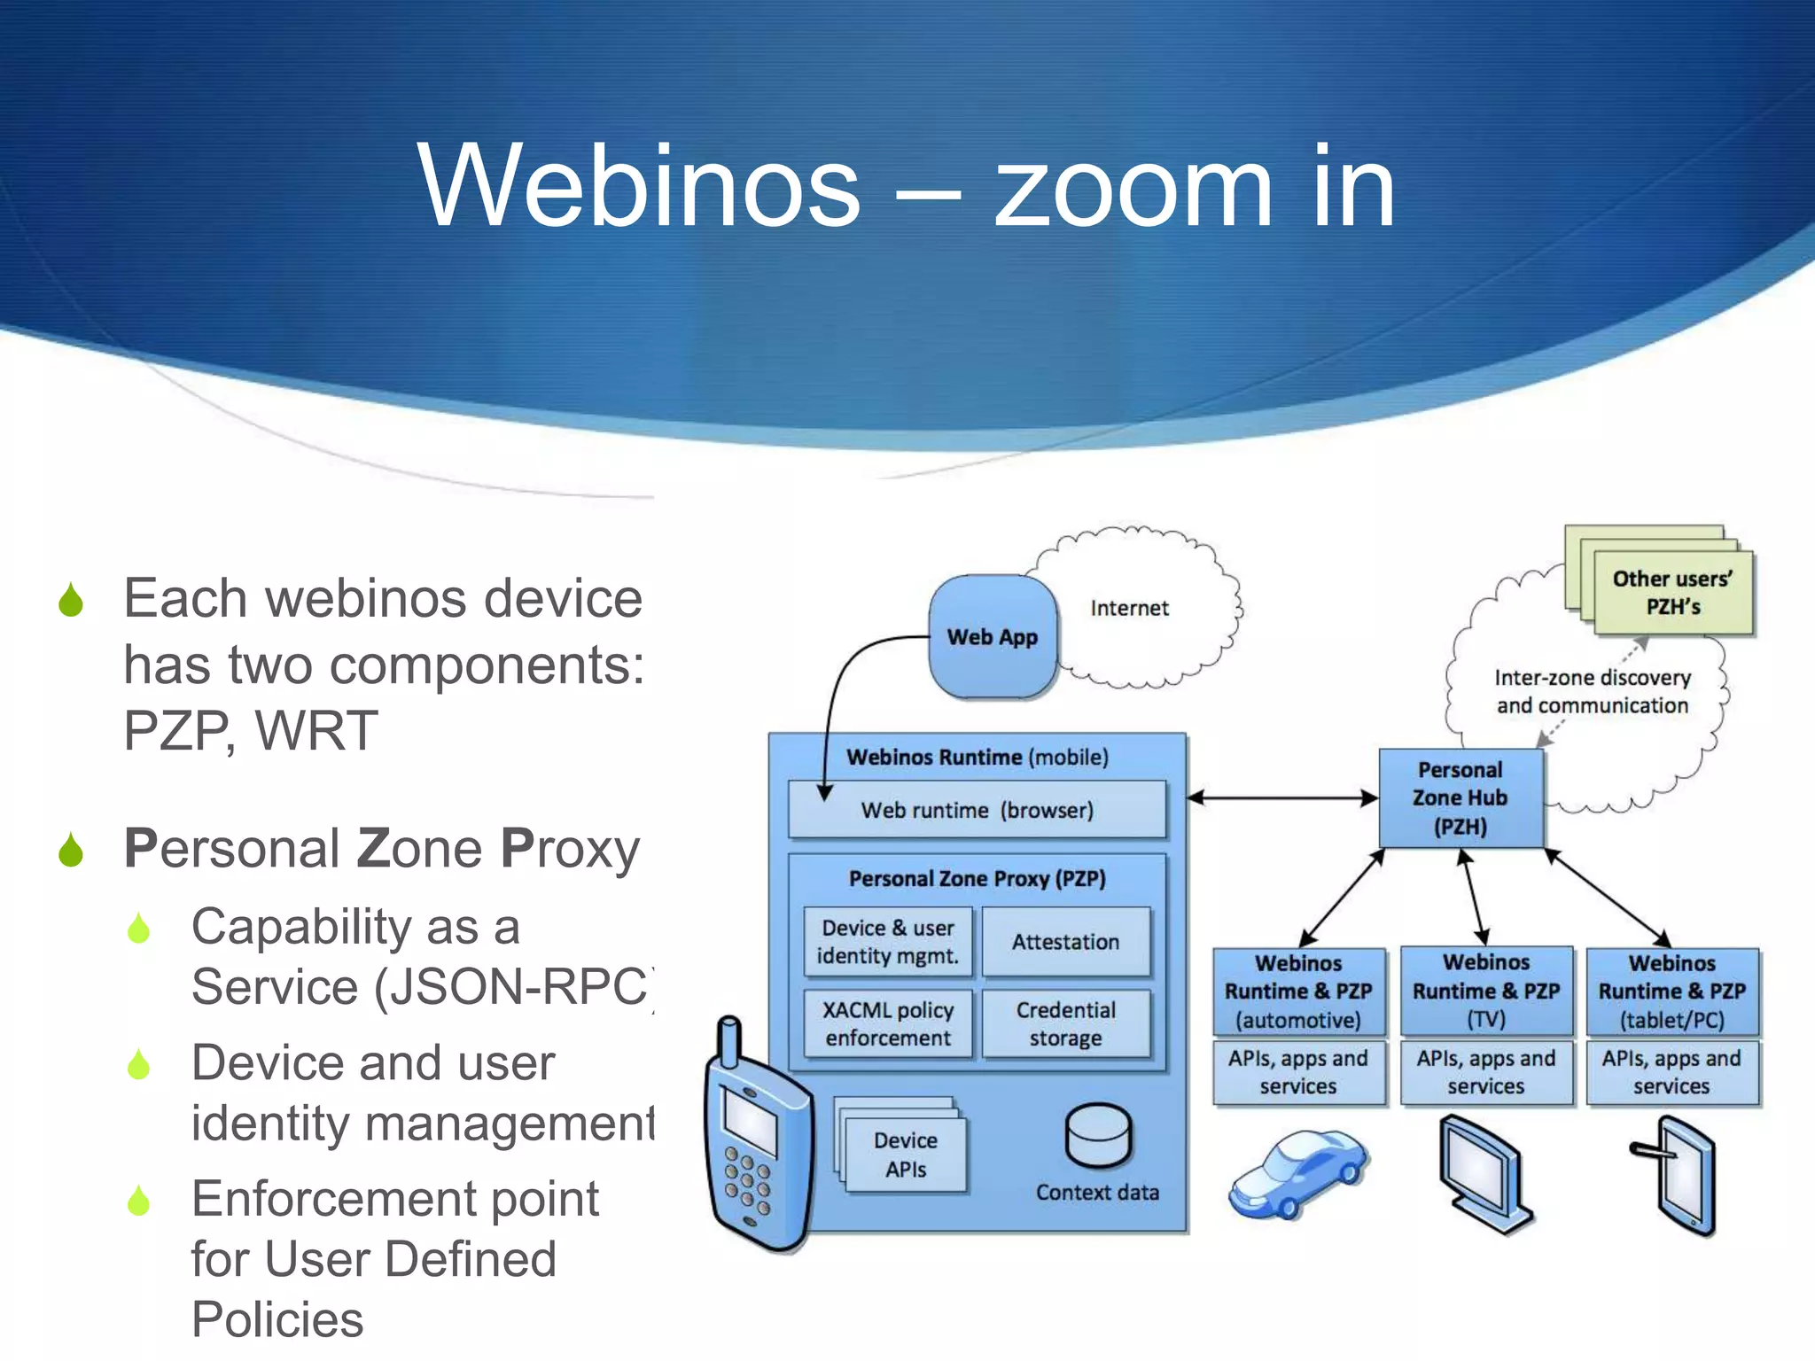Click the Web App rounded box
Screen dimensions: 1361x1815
(x=993, y=636)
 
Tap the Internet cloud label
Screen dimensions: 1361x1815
(x=1129, y=608)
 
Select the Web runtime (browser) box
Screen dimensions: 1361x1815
(x=977, y=810)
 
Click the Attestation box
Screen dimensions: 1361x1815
(x=1065, y=942)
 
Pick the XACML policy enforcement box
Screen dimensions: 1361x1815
(x=887, y=1024)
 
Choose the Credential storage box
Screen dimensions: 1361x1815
(x=1065, y=1024)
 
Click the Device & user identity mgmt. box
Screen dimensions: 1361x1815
(x=887, y=942)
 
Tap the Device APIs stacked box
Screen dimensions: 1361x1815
(x=905, y=1155)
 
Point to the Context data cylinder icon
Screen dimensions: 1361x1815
(x=1098, y=1137)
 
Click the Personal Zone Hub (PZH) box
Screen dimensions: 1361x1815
(x=1461, y=797)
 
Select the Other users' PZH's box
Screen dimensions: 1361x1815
(x=1672, y=592)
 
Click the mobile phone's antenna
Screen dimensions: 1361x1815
(x=729, y=1042)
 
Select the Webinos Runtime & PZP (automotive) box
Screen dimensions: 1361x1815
(x=1298, y=992)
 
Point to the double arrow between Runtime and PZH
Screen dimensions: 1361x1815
(x=1282, y=797)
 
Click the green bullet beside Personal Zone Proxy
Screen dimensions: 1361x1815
(x=71, y=851)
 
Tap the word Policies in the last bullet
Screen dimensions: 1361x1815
(x=277, y=1319)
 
